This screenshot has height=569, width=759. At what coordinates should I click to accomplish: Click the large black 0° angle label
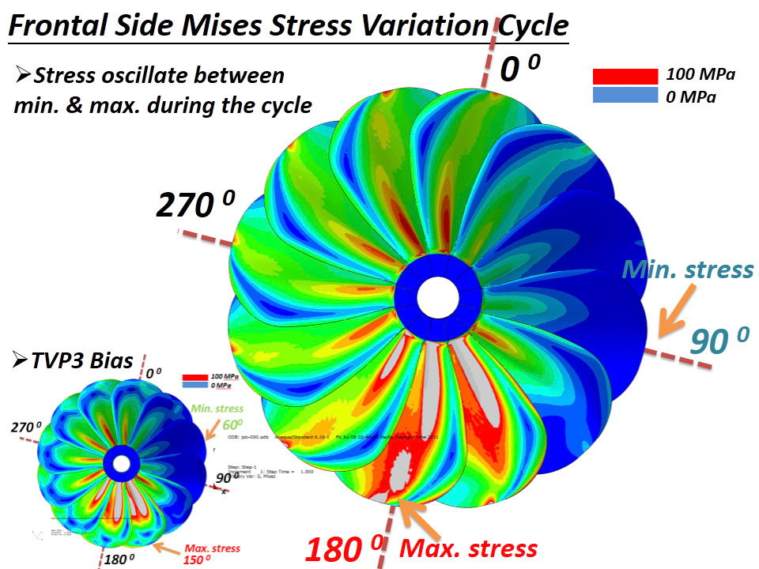pos(519,70)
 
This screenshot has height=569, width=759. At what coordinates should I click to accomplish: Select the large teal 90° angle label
pos(719,341)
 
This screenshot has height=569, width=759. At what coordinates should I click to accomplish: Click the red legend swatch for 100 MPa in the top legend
pos(625,76)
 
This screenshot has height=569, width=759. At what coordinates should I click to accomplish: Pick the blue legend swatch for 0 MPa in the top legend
pos(625,95)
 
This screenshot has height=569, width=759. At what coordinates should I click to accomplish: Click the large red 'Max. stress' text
pos(469,547)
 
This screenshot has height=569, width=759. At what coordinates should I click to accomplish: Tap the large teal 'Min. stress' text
pos(687,269)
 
